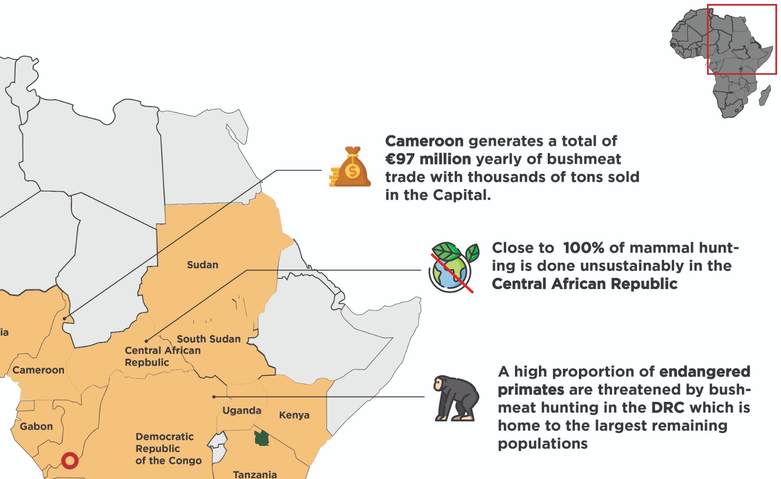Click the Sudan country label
[x=203, y=265]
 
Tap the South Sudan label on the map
[x=208, y=339]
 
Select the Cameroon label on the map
[x=39, y=370]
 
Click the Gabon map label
[x=36, y=426]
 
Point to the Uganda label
[x=242, y=410]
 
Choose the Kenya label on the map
[x=294, y=415]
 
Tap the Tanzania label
[x=255, y=474]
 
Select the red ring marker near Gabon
[x=70, y=460]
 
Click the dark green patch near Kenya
[x=262, y=438]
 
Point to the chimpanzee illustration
[x=455, y=398]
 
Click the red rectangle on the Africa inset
[x=741, y=39]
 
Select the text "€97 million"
[x=428, y=159]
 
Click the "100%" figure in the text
[x=583, y=248]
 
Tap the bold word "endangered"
[x=704, y=372]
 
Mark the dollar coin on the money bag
[x=352, y=171]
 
